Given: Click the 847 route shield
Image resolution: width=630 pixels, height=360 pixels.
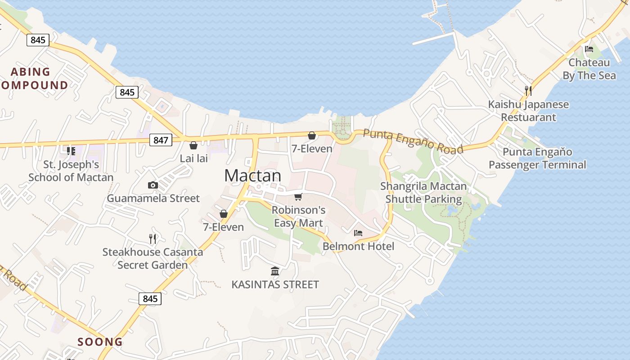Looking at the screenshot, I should click(x=161, y=140).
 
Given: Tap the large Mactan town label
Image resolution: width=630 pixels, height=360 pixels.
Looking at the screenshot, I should click(x=253, y=175).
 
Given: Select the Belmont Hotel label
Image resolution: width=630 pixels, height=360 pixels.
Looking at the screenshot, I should click(x=358, y=246).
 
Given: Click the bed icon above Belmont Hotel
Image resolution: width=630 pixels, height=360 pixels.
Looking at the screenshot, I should click(x=358, y=233).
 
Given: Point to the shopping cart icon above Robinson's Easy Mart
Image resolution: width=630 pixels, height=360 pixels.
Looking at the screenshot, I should click(x=298, y=197).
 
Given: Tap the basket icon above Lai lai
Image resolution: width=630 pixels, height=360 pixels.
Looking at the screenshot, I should click(x=193, y=145).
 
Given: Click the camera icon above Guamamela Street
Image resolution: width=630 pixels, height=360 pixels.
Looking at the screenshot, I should click(x=153, y=185).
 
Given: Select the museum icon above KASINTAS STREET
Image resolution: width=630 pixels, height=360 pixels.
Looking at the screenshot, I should click(x=275, y=271).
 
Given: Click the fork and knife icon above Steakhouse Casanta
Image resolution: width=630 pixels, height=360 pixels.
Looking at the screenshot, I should click(x=153, y=238).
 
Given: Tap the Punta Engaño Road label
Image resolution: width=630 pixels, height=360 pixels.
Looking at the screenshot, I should click(x=413, y=141).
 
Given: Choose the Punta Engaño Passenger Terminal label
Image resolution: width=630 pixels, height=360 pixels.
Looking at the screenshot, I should click(x=537, y=158).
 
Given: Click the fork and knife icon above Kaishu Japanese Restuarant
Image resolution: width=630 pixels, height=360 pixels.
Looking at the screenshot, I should click(x=528, y=91).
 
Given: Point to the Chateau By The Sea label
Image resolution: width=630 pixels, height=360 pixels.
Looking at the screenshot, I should click(x=589, y=69).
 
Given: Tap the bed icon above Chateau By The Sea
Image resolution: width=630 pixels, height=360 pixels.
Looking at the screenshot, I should click(x=589, y=49).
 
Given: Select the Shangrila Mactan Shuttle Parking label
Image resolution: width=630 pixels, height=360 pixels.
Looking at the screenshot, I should click(x=423, y=193).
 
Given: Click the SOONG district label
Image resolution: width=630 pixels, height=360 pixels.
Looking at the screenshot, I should click(x=100, y=342).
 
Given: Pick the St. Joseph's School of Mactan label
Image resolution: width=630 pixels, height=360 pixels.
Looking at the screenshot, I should click(x=71, y=171).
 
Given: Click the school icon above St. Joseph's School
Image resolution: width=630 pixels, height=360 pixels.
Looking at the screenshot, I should click(x=71, y=151).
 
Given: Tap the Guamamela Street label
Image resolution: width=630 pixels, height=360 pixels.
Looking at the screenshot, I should click(x=153, y=198).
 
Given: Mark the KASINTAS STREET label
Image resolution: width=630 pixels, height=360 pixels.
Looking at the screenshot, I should click(x=275, y=284).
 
